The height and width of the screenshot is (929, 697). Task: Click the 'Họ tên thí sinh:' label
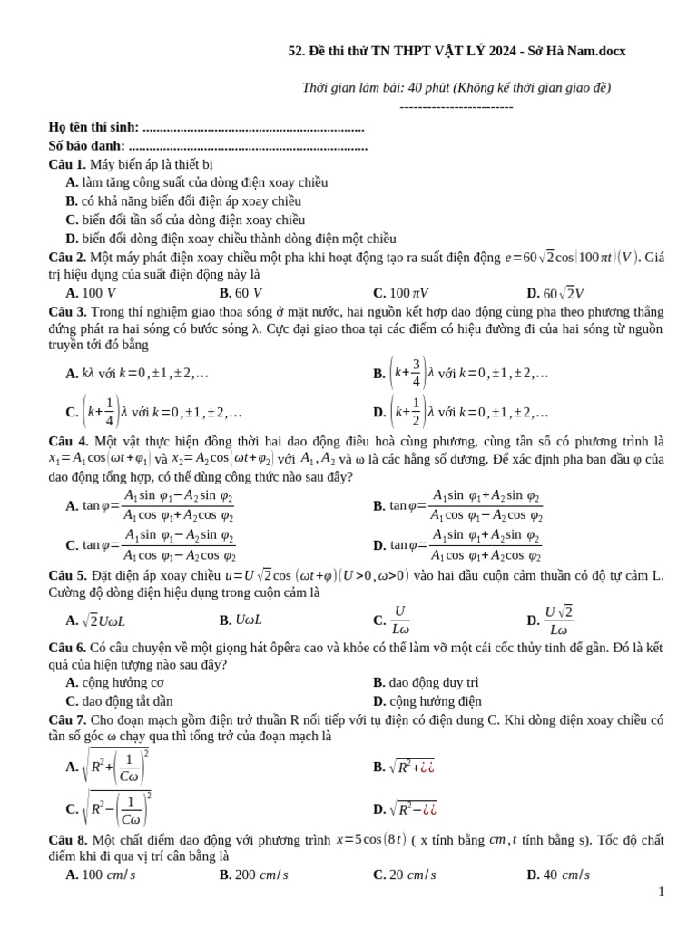click(x=93, y=128)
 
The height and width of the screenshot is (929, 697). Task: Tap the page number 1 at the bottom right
click(x=662, y=892)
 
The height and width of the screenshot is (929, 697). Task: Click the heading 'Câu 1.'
click(x=67, y=164)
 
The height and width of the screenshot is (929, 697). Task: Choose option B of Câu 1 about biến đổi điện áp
click(x=182, y=201)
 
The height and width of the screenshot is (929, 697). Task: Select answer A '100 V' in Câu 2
click(x=91, y=293)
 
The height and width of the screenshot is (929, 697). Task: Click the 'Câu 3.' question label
click(x=67, y=311)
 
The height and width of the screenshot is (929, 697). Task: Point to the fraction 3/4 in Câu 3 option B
click(x=417, y=373)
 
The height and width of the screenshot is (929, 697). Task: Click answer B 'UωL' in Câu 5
click(x=241, y=621)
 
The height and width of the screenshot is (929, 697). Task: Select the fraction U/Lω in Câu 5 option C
click(x=400, y=621)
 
